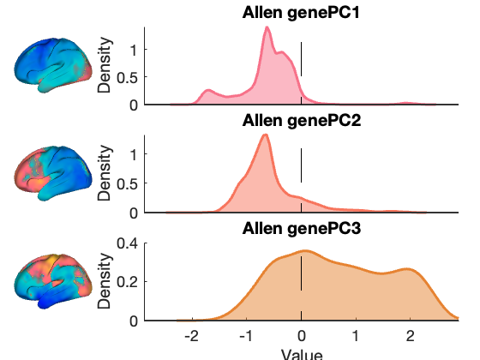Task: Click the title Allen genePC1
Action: (301, 13)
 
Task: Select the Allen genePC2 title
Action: (302, 121)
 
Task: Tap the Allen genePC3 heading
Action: (302, 228)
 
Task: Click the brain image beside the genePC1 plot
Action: (53, 65)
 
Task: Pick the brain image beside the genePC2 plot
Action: (53, 173)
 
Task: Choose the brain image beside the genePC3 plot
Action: (53, 281)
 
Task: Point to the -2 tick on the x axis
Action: (192, 336)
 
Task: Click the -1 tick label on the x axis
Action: (247, 336)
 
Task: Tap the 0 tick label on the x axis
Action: (302, 336)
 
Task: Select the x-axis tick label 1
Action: (356, 336)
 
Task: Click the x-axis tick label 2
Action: (411, 336)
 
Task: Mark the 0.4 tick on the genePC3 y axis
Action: (128, 243)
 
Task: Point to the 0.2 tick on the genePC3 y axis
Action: (128, 282)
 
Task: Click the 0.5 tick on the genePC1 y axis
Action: (128, 77)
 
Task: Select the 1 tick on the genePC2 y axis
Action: (134, 154)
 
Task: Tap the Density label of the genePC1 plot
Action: (104, 65)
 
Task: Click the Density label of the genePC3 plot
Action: (104, 281)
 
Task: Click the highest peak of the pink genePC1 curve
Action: (267, 27)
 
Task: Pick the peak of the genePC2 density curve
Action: (266, 135)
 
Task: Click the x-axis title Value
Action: (302, 354)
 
